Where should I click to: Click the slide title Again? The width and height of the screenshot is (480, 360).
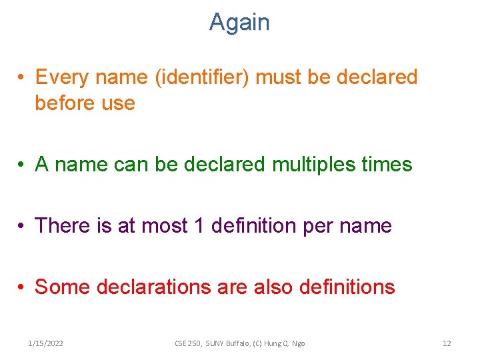239,23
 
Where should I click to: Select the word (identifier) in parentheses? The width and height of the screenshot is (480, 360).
203,77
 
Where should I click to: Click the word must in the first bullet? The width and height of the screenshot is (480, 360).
279,77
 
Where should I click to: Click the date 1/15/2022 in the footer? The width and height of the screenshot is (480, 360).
46,343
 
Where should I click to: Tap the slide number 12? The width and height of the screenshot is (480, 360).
447,343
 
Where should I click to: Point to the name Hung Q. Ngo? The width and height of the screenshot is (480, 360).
283,343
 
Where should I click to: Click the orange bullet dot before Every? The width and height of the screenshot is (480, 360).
23,78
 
